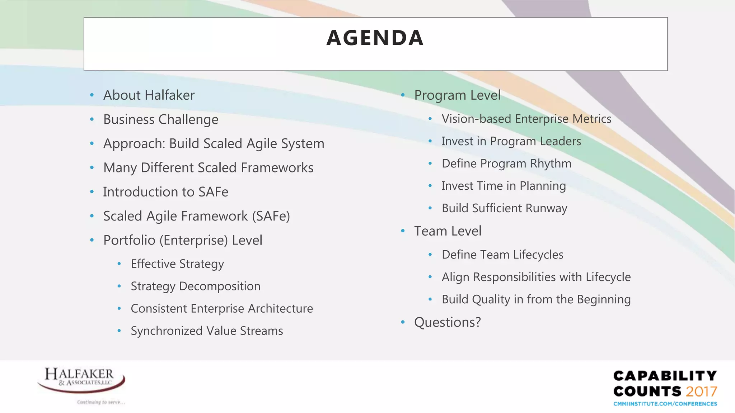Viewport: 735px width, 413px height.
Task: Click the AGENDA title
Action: tap(375, 38)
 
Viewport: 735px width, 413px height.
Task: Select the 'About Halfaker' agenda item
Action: tap(149, 95)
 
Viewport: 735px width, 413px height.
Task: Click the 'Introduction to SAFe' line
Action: tap(165, 192)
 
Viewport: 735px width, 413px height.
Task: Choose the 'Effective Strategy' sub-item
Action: tap(177, 264)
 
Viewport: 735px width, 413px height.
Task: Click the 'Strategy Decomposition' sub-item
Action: tap(196, 286)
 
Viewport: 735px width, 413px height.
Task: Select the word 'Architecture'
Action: tap(280, 309)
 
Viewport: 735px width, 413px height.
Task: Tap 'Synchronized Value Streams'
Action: tap(207, 331)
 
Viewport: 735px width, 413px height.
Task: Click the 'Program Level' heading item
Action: tap(457, 95)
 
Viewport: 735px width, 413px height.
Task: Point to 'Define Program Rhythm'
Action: tap(506, 164)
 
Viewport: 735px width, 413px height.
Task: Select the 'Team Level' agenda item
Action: tap(448, 231)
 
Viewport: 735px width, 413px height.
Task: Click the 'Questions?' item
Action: tap(447, 322)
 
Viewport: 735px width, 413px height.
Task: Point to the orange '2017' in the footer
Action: tap(701, 391)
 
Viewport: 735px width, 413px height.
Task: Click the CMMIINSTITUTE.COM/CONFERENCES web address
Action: tap(665, 404)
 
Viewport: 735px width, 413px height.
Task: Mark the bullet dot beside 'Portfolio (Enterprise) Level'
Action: tap(92, 240)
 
